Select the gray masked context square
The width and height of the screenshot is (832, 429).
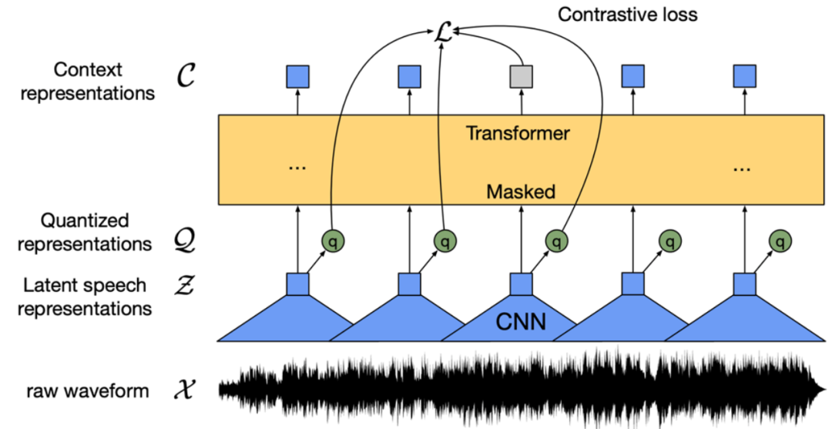click(x=522, y=75)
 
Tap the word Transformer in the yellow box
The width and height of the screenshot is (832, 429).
click(x=518, y=133)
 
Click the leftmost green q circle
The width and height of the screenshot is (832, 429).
click(x=333, y=242)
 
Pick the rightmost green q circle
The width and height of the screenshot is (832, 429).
click(x=781, y=242)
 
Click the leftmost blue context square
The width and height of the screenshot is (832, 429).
click(x=297, y=75)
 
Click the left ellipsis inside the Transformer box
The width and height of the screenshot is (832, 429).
click(x=297, y=166)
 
